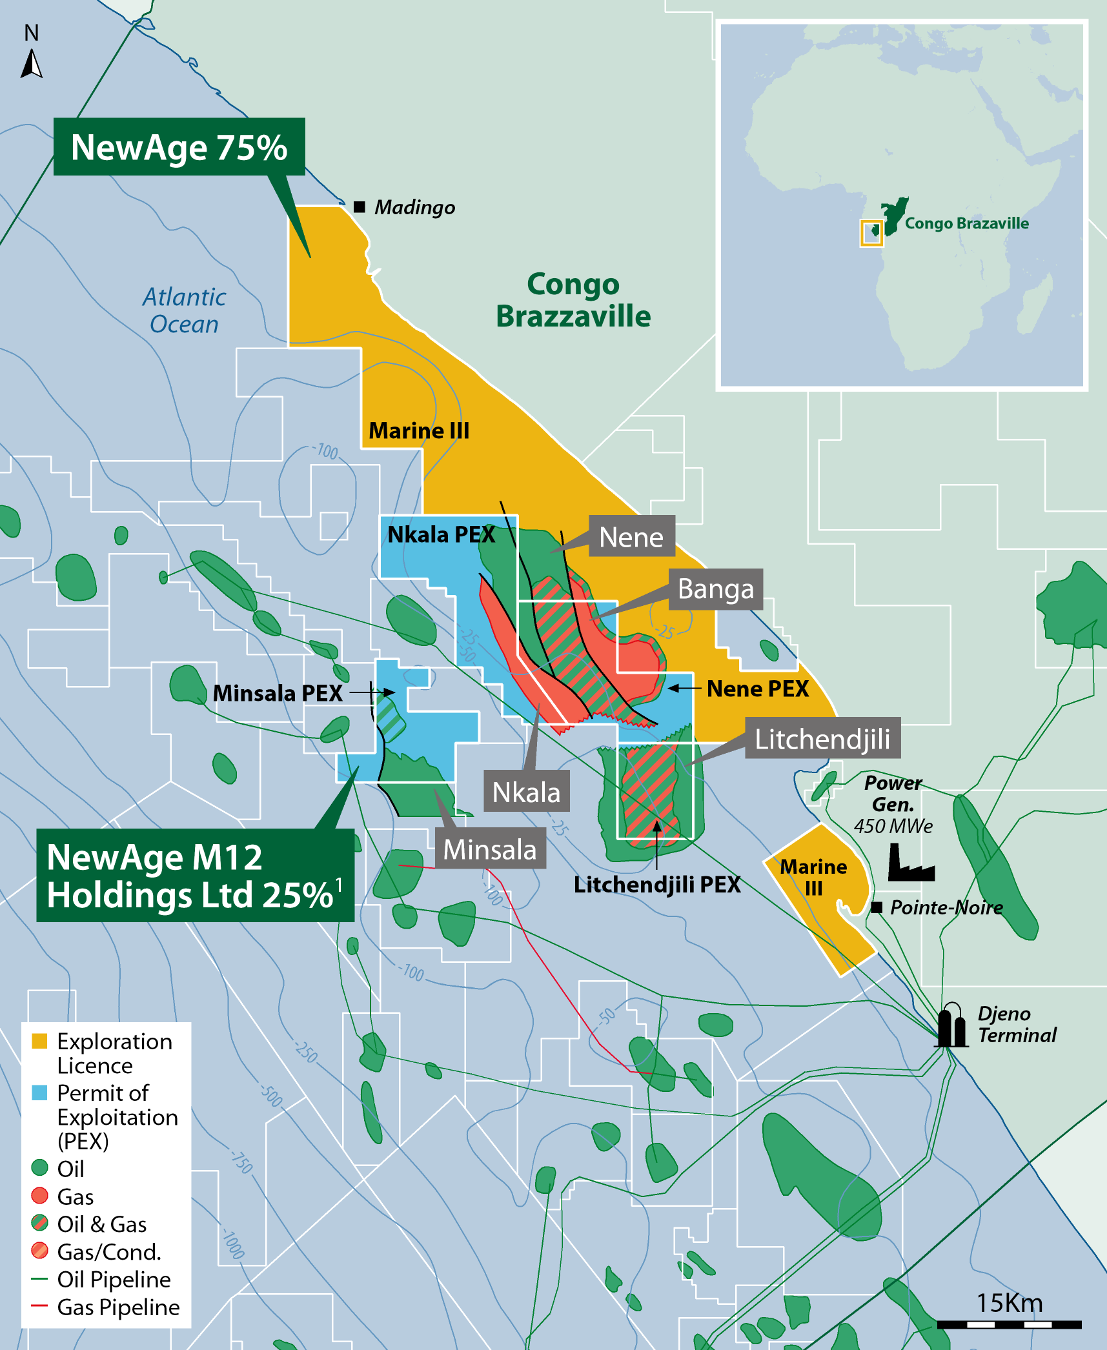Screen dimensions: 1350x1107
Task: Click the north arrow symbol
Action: pos(32,64)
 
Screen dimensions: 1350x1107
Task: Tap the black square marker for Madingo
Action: pos(360,207)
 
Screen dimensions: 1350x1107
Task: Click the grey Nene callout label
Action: pos(631,536)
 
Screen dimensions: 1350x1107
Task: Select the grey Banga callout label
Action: pos(715,589)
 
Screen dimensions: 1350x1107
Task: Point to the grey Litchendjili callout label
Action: pos(822,738)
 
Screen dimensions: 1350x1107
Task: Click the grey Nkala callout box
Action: pos(526,791)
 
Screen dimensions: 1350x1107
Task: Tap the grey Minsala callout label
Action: pos(490,849)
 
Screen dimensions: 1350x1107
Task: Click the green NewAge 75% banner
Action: pos(179,147)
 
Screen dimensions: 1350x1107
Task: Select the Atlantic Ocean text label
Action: pos(184,310)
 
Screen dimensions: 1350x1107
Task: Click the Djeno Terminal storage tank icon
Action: pos(951,1025)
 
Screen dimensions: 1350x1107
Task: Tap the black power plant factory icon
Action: pos(909,865)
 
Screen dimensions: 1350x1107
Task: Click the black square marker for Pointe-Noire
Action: pos(877,907)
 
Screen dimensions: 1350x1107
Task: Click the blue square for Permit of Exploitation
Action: pos(39,1093)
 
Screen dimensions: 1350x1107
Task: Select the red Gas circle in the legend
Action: pos(39,1196)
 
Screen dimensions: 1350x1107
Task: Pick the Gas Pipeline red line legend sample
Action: pos(39,1306)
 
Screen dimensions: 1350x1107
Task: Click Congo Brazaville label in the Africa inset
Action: pos(966,223)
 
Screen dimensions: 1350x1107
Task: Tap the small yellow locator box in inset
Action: pos(871,232)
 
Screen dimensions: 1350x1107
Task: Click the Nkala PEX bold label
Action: pos(441,534)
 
